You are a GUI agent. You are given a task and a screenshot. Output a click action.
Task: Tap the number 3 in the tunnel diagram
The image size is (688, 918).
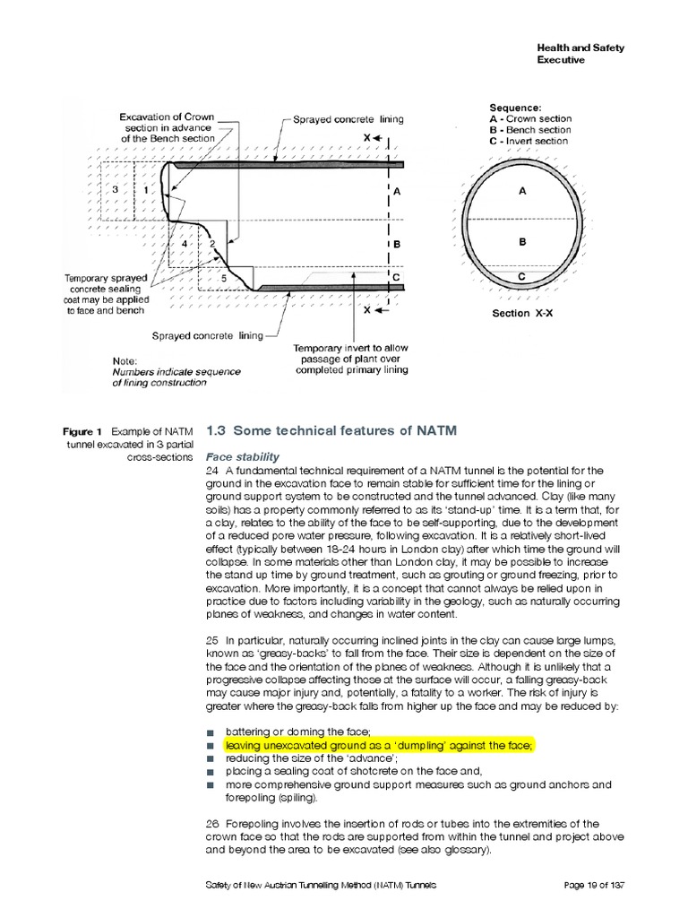pyautogui.click(x=116, y=191)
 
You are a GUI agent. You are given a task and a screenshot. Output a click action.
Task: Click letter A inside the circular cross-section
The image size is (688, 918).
pyautogui.click(x=522, y=191)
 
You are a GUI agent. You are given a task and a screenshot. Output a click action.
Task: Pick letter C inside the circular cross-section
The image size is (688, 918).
pyautogui.click(x=522, y=278)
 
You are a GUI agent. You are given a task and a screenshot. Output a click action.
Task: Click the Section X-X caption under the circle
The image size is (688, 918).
pyautogui.click(x=522, y=314)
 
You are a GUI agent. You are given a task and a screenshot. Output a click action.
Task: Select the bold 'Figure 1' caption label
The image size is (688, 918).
pyautogui.click(x=88, y=431)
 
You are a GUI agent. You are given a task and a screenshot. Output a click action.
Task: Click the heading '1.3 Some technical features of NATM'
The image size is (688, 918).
pyautogui.click(x=331, y=430)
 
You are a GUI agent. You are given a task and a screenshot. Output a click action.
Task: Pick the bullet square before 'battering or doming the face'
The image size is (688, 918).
pyautogui.click(x=211, y=732)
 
